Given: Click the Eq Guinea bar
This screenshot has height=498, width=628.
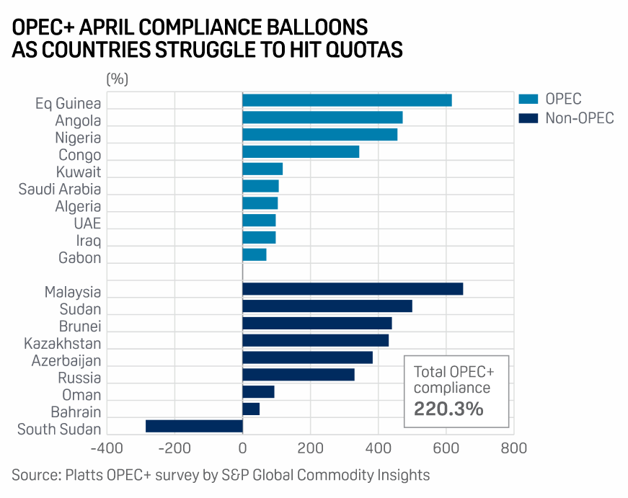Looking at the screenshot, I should [347, 100].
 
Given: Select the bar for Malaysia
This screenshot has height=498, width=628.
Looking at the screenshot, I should [353, 289].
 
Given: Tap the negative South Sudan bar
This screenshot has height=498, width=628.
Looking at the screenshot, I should [194, 426].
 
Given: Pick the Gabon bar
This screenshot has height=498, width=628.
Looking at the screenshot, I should [255, 254].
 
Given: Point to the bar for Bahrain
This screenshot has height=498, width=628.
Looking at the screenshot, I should [251, 409].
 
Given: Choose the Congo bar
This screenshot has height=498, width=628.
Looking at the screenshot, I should [301, 151].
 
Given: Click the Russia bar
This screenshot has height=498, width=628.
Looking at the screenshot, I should [298, 374].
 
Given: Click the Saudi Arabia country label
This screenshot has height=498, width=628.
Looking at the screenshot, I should [60, 190].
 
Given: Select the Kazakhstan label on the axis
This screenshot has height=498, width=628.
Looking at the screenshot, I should [63, 344].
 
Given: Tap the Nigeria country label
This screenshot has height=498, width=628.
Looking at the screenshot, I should [78, 138].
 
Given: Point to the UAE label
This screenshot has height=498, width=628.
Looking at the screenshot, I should [87, 223].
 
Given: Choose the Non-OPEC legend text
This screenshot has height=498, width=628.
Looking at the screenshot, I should [580, 118].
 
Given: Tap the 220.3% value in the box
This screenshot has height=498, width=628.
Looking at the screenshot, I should [448, 409].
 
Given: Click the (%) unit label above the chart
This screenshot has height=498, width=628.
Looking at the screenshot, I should [117, 79].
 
